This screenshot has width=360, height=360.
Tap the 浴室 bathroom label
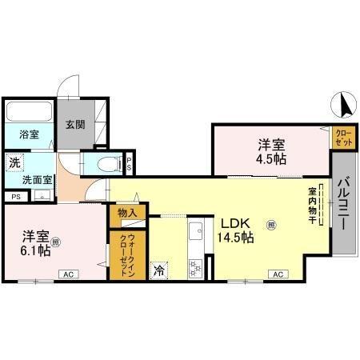tap(29, 134)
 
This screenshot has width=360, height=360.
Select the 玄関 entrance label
tap(75, 125)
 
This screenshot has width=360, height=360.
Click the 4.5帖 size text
tap(270, 158)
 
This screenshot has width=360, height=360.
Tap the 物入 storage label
tap(129, 213)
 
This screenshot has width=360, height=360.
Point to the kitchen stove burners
tap(194, 269)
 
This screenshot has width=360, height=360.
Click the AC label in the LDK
tap(277, 274)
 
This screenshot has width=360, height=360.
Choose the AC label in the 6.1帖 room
tap(68, 274)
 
